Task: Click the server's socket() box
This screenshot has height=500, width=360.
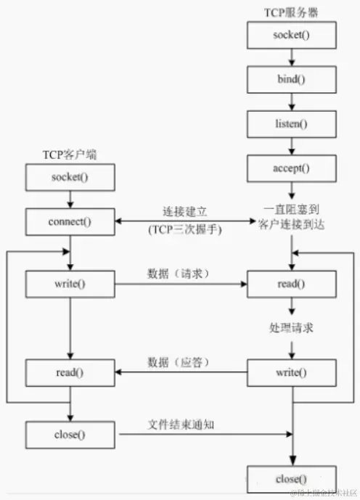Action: (291, 34)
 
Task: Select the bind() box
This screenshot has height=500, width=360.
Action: (291, 78)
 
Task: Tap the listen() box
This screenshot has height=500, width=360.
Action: (291, 123)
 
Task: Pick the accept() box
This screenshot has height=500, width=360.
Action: (291, 168)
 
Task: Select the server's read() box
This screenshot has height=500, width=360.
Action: (291, 282)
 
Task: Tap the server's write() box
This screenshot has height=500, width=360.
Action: (291, 373)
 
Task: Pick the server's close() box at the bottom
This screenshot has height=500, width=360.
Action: (291, 479)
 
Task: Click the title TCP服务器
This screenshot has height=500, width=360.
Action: (290, 13)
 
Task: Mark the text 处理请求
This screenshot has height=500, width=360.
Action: (290, 328)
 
